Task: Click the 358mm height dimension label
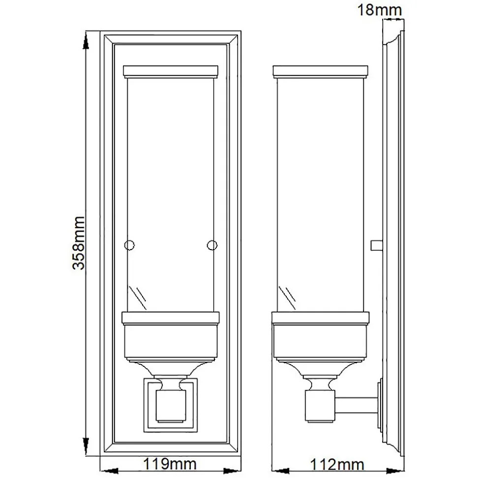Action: [79, 243]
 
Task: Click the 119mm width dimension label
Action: [170, 464]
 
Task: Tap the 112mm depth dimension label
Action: [337, 465]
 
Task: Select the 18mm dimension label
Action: [380, 10]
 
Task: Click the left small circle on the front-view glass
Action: [129, 245]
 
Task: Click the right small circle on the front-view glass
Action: [212, 245]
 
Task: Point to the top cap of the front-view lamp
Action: [171, 71]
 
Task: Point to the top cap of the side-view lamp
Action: [321, 71]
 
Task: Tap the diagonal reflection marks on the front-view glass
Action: [138, 298]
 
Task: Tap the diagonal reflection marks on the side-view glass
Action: [287, 298]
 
